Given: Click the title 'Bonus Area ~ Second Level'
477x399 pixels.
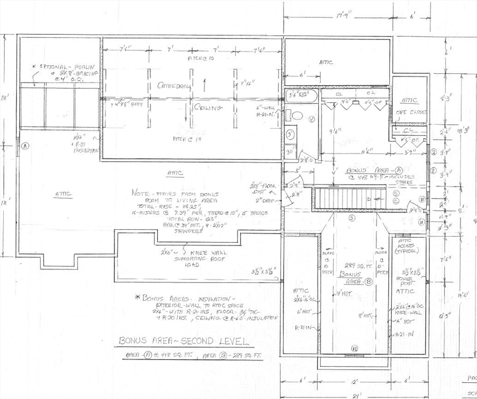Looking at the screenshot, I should click(184, 341).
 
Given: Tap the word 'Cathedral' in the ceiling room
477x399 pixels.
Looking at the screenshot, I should click(174, 85).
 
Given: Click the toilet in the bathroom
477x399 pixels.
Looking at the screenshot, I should click(297, 115).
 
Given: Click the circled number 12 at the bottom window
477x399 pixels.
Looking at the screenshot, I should click(354, 349).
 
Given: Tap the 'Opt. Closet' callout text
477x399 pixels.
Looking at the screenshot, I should click(411, 112).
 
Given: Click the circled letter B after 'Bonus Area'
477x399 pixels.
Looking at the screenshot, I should click(368, 282).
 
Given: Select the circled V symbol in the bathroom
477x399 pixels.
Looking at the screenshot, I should click(311, 119).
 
